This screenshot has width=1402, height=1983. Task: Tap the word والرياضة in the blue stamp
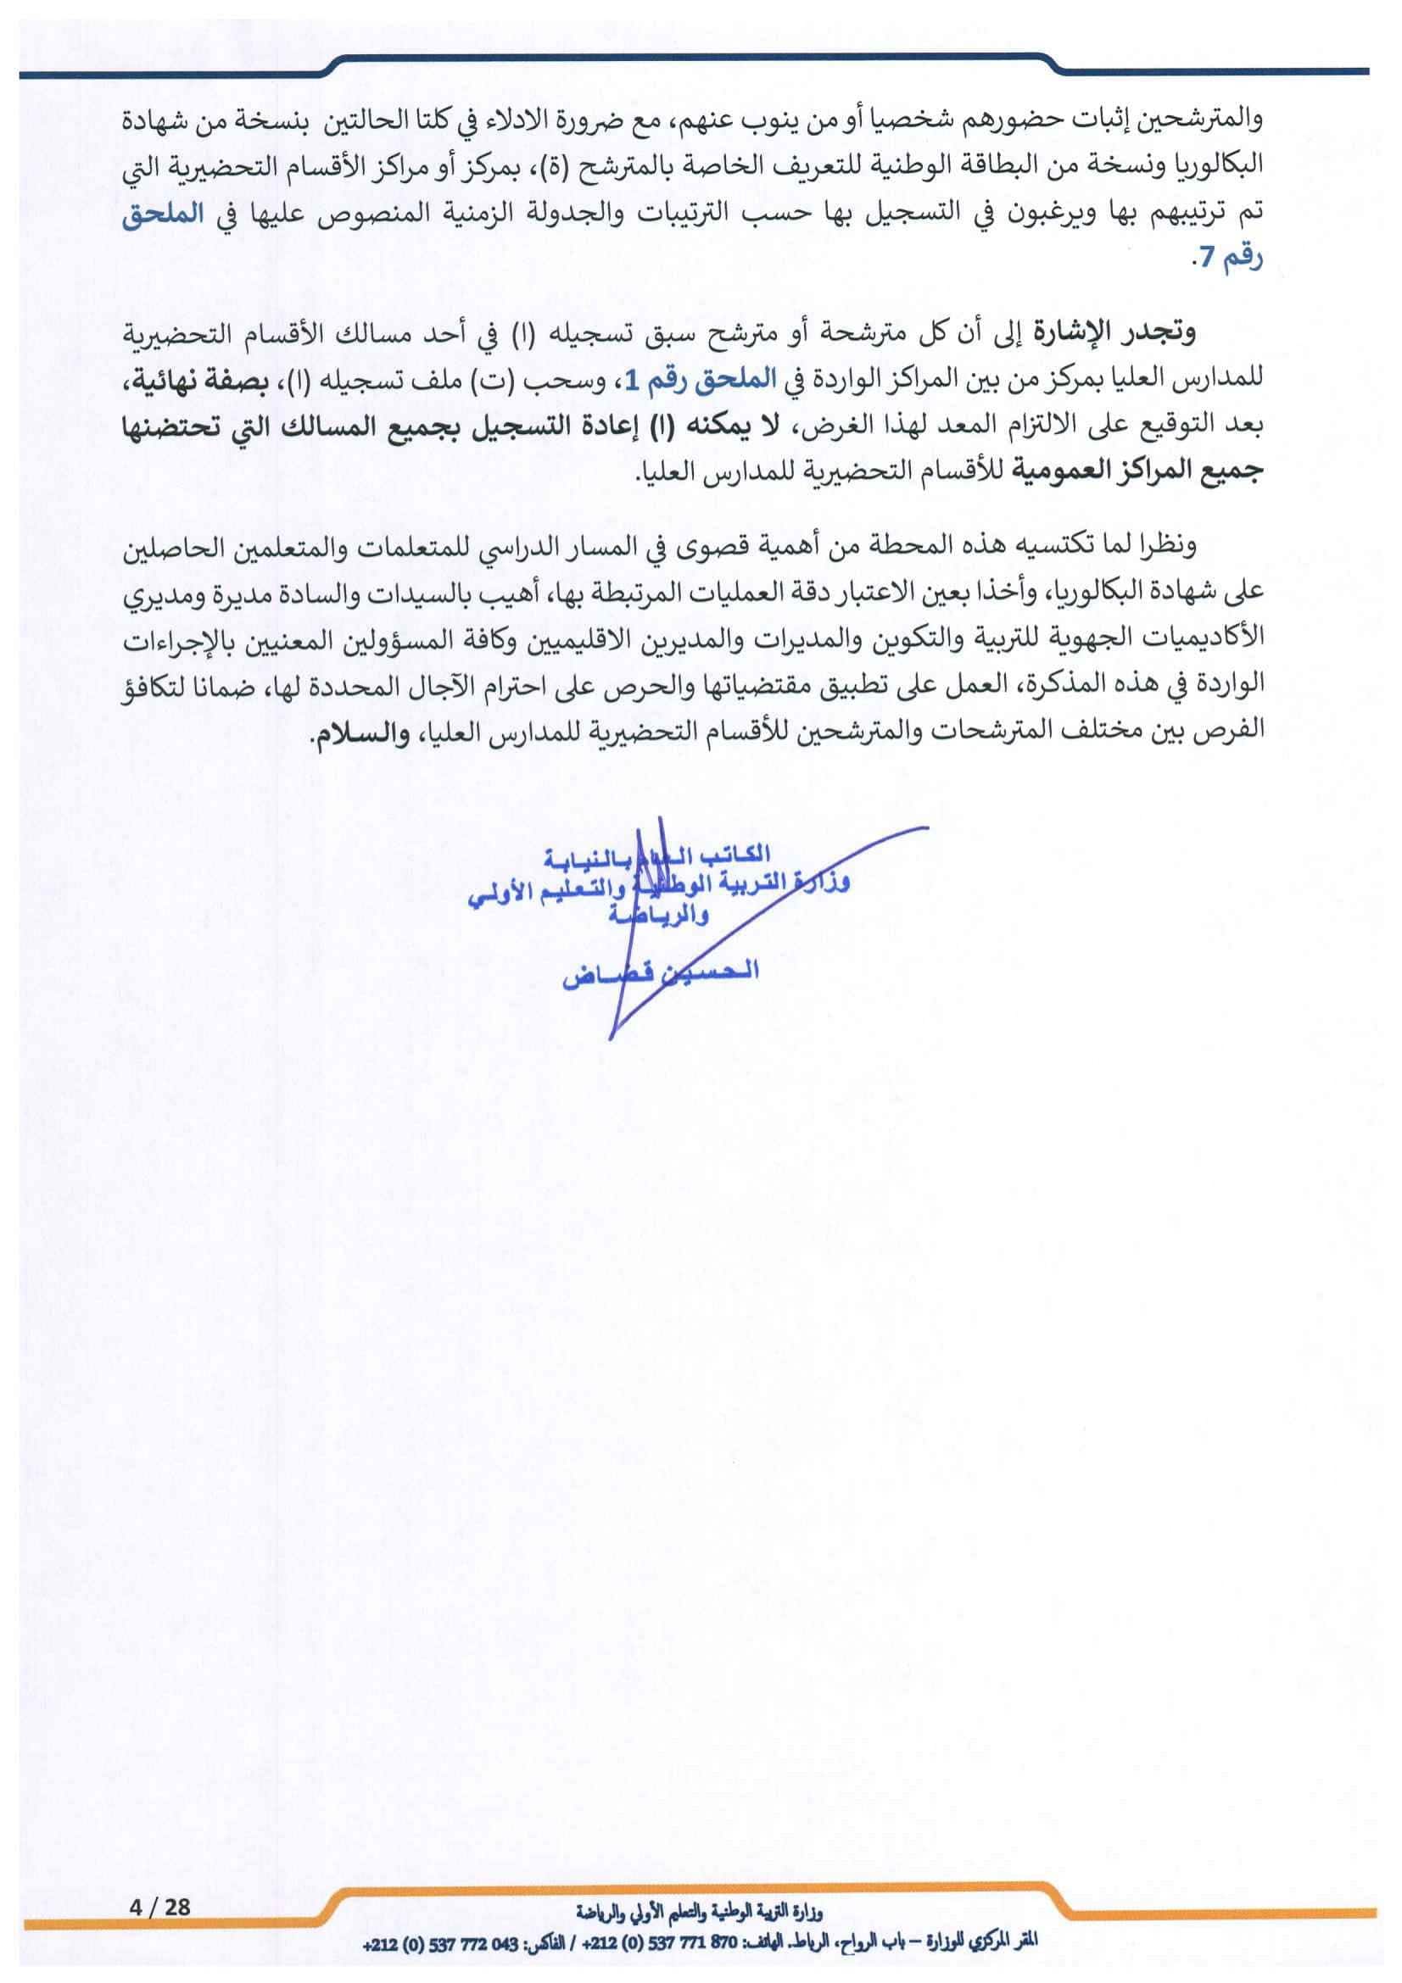coord(657,916)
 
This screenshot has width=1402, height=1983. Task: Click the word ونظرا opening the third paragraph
coord(1166,546)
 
